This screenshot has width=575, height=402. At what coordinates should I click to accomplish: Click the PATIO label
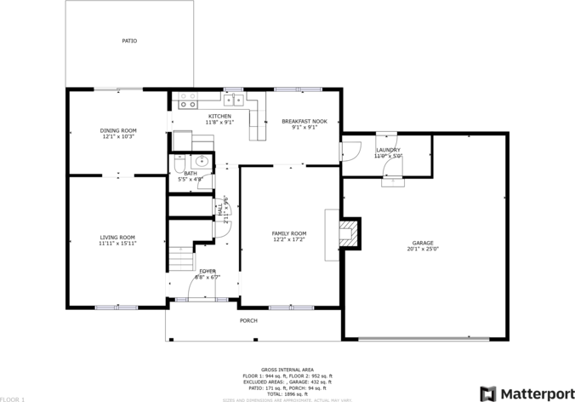pos(129,41)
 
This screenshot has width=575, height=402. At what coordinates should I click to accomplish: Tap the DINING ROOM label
pos(119,130)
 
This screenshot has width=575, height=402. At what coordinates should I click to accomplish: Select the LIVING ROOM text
pos(117,237)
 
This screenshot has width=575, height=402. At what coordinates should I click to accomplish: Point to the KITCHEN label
pos(219,116)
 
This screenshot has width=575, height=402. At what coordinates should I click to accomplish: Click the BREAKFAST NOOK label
pos(304,122)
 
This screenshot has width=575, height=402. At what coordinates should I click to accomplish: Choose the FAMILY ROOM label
pos(289,233)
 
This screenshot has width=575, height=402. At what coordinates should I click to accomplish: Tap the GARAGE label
pos(423,243)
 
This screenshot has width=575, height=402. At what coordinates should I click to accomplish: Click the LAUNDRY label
pos(388,150)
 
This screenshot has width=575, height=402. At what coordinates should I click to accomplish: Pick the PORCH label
pos(248,320)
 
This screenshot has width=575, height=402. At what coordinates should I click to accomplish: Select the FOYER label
pos(208,271)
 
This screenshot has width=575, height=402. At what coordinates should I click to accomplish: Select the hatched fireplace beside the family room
pos(348,233)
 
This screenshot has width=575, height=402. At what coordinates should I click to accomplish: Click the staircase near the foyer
pos(180,256)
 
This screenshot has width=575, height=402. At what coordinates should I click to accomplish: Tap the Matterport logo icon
pos(487,393)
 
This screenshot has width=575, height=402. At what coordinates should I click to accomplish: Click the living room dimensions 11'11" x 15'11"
pos(117,244)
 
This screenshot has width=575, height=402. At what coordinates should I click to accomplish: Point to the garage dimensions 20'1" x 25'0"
pos(423,250)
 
